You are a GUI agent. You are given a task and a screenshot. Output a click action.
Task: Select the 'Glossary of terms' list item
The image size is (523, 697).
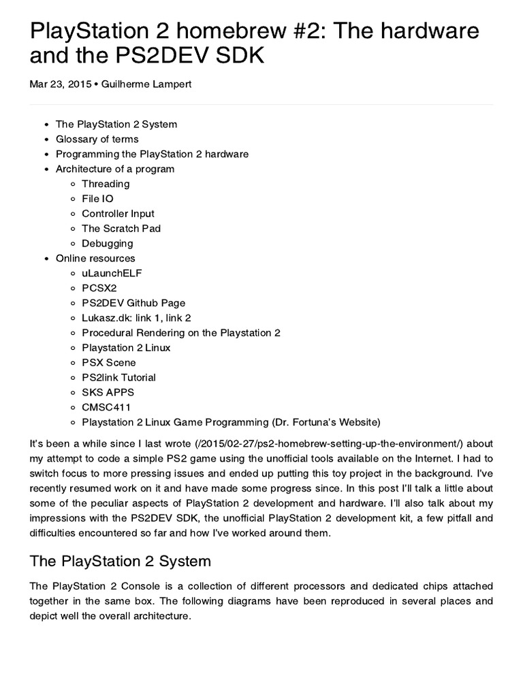point(97,139)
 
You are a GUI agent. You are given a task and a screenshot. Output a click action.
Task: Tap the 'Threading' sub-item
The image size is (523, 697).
point(106,184)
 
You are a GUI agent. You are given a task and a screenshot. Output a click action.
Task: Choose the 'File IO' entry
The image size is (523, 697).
point(97,199)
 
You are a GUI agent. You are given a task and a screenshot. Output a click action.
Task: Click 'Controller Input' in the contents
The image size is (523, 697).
point(118,214)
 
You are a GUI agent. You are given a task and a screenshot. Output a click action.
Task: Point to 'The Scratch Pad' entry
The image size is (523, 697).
point(121,229)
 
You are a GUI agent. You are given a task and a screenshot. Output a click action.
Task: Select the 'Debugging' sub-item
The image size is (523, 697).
point(107,244)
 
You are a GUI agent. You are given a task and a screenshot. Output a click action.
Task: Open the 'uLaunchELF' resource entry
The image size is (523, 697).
point(112,273)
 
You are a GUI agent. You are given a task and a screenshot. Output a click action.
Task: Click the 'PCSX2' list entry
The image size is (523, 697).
point(99,288)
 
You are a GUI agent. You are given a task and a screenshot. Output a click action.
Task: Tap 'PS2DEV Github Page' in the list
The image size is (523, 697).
point(133,303)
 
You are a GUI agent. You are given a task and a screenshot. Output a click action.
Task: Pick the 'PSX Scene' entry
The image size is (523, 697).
point(108,363)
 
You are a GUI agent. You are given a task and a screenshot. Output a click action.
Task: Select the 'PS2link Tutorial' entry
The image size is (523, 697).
point(118,378)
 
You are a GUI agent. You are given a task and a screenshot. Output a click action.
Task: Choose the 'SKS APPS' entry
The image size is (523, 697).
point(108,393)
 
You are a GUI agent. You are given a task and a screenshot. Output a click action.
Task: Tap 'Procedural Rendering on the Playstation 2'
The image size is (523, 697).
point(181,333)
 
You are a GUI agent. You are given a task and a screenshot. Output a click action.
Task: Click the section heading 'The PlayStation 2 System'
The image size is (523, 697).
point(121,562)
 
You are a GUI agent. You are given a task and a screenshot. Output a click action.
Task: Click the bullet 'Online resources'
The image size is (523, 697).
point(95,259)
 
